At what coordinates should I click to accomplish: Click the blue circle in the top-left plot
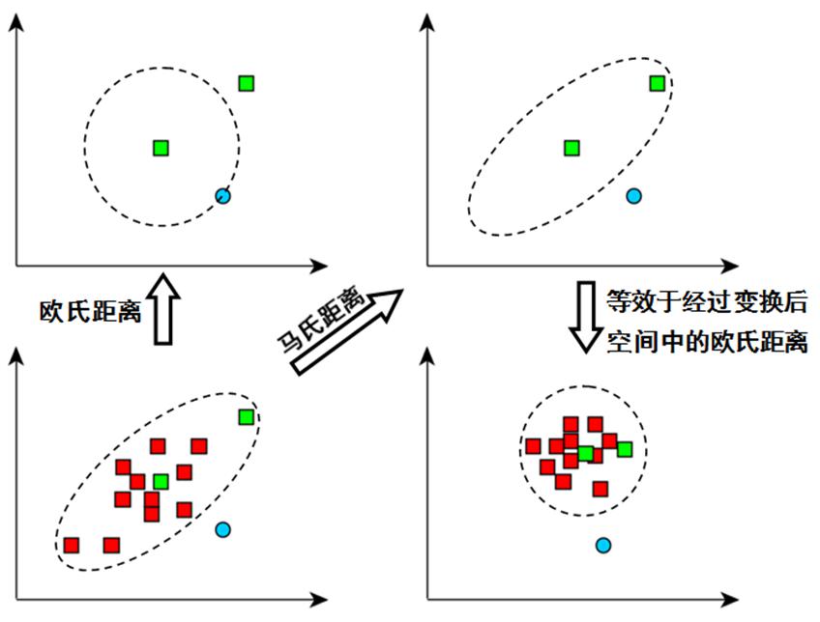click(x=223, y=196)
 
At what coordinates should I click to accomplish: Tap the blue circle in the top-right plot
click(x=634, y=196)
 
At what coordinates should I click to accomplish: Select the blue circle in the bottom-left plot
click(x=223, y=529)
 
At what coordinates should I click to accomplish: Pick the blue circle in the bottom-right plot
click(x=603, y=546)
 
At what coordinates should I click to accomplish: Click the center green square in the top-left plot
click(x=161, y=148)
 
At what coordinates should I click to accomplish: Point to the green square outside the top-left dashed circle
click(x=247, y=83)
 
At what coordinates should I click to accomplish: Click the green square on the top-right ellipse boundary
click(x=658, y=83)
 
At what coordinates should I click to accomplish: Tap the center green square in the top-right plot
click(x=571, y=148)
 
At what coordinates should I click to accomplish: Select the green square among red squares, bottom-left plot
click(x=161, y=481)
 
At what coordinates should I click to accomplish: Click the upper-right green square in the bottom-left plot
click(x=247, y=416)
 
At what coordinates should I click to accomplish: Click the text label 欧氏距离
click(x=91, y=311)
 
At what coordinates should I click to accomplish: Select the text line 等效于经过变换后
click(x=705, y=301)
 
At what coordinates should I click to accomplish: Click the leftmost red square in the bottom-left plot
click(x=72, y=545)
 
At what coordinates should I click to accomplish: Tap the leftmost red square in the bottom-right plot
click(x=533, y=446)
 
